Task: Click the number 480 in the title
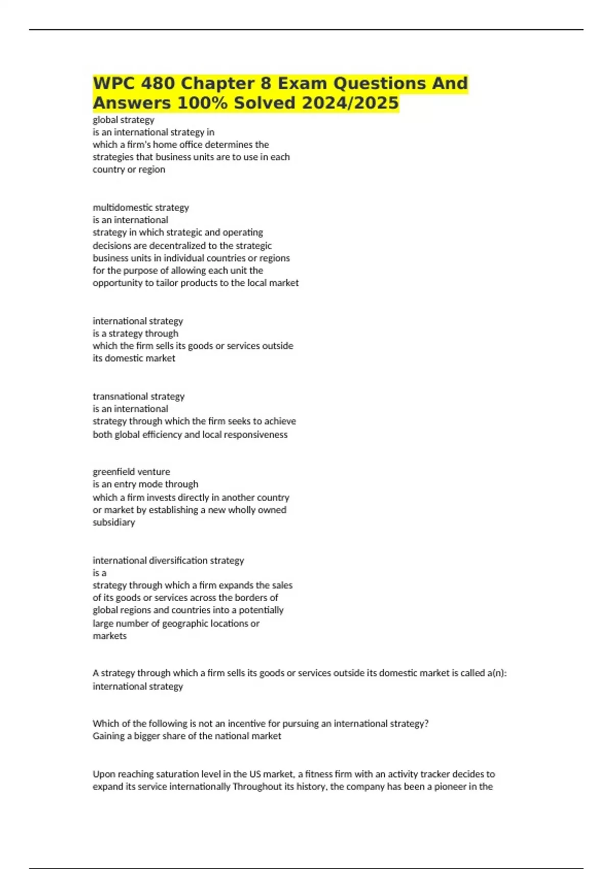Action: [159, 83]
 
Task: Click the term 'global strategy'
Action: [123, 120]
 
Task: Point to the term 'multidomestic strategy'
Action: [140, 208]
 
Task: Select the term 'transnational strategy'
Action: [138, 396]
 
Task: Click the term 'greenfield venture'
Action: [131, 472]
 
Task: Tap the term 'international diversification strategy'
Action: [168, 560]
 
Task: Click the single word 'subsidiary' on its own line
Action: [113, 522]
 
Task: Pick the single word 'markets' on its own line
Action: [109, 636]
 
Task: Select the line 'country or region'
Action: [129, 170]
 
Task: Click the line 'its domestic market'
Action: [134, 358]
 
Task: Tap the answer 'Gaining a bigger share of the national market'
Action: [186, 736]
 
